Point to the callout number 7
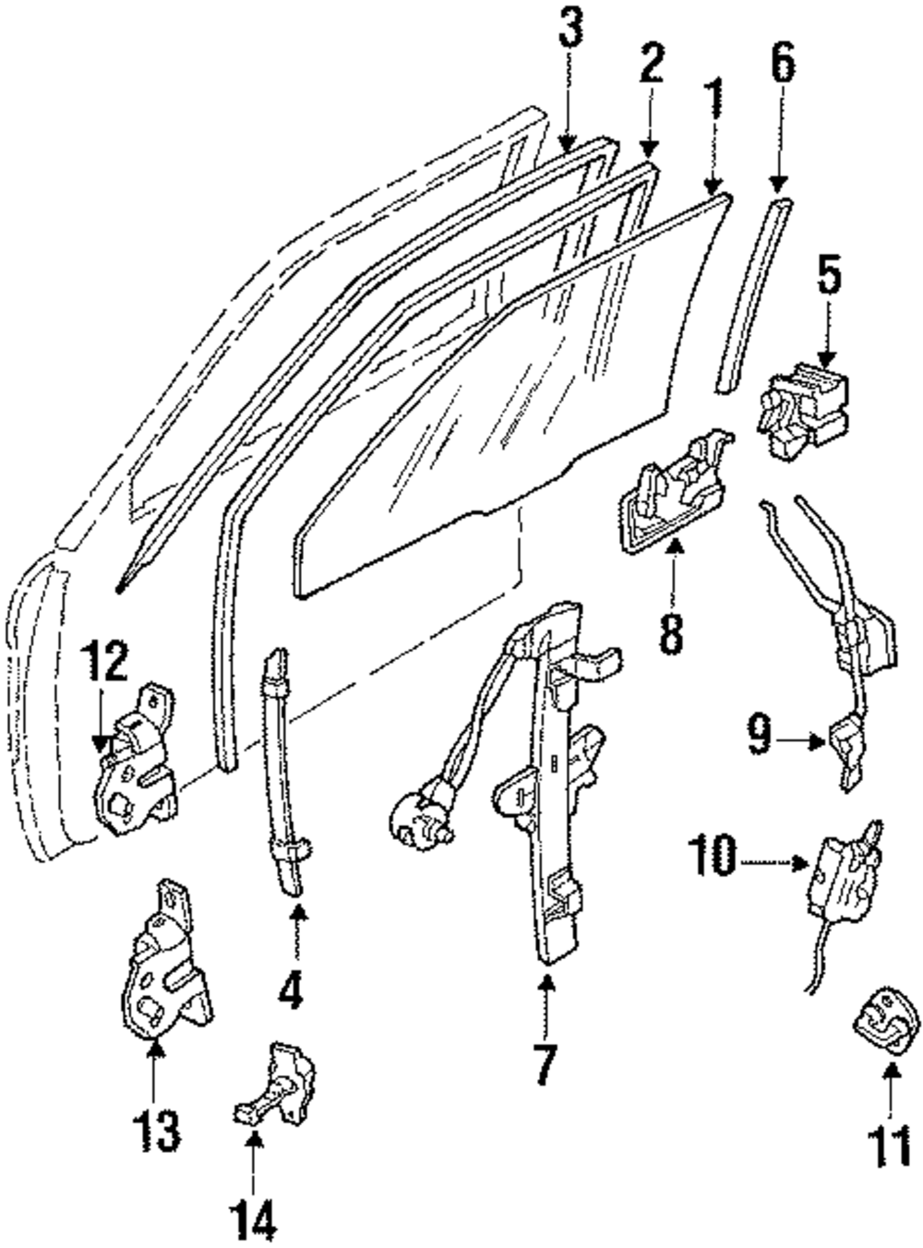(545, 1062)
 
